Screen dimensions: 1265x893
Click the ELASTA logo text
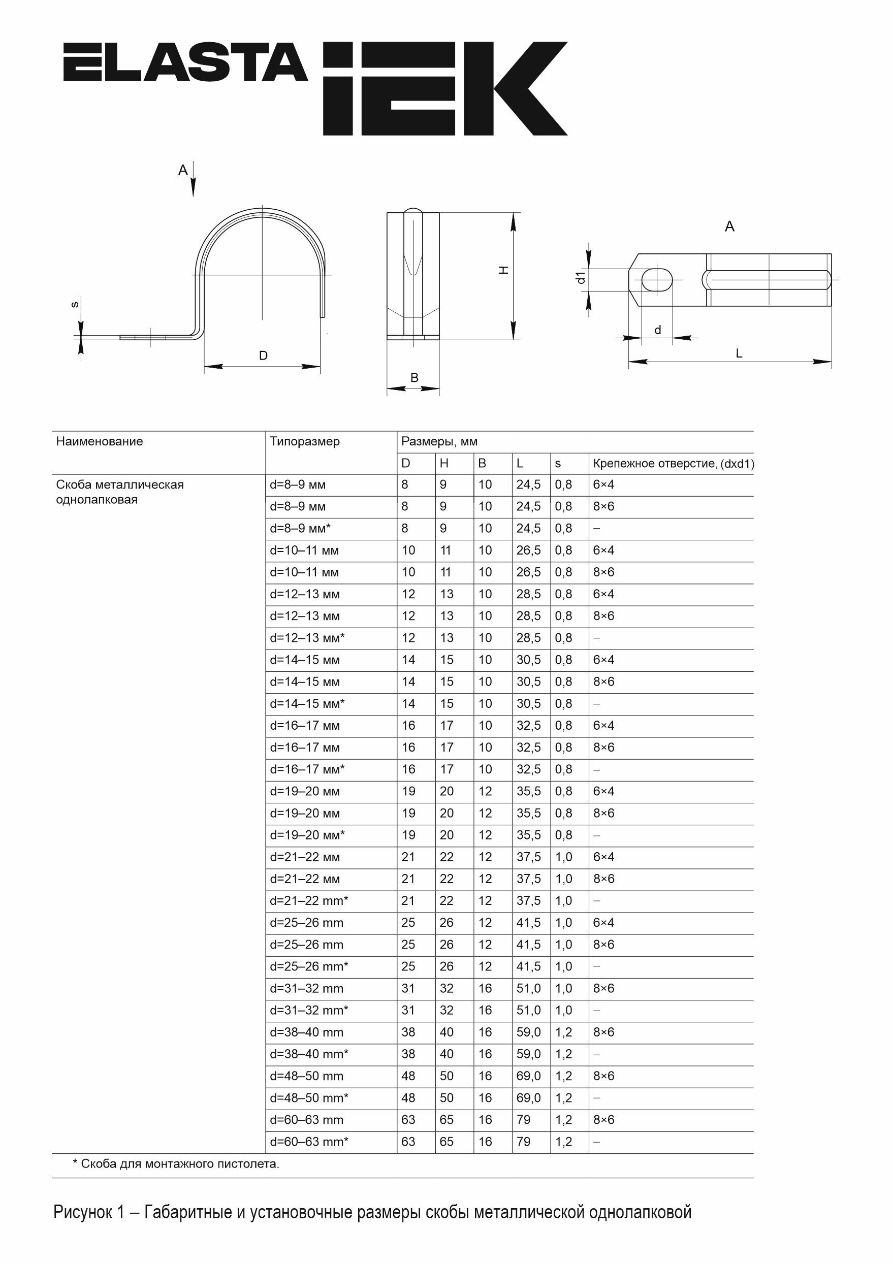(185, 62)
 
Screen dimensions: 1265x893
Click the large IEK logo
(444, 88)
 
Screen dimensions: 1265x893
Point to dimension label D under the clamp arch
(264, 356)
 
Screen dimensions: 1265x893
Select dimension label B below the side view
(414, 378)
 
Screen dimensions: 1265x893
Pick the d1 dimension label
(580, 278)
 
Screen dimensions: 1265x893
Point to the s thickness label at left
(76, 305)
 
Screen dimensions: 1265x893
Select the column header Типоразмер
(305, 441)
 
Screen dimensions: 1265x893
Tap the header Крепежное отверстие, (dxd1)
(673, 463)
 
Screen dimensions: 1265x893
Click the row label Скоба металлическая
(119, 485)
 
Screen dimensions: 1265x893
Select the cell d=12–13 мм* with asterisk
(307, 638)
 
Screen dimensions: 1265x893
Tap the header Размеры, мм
(439, 441)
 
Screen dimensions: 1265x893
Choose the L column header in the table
(520, 463)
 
